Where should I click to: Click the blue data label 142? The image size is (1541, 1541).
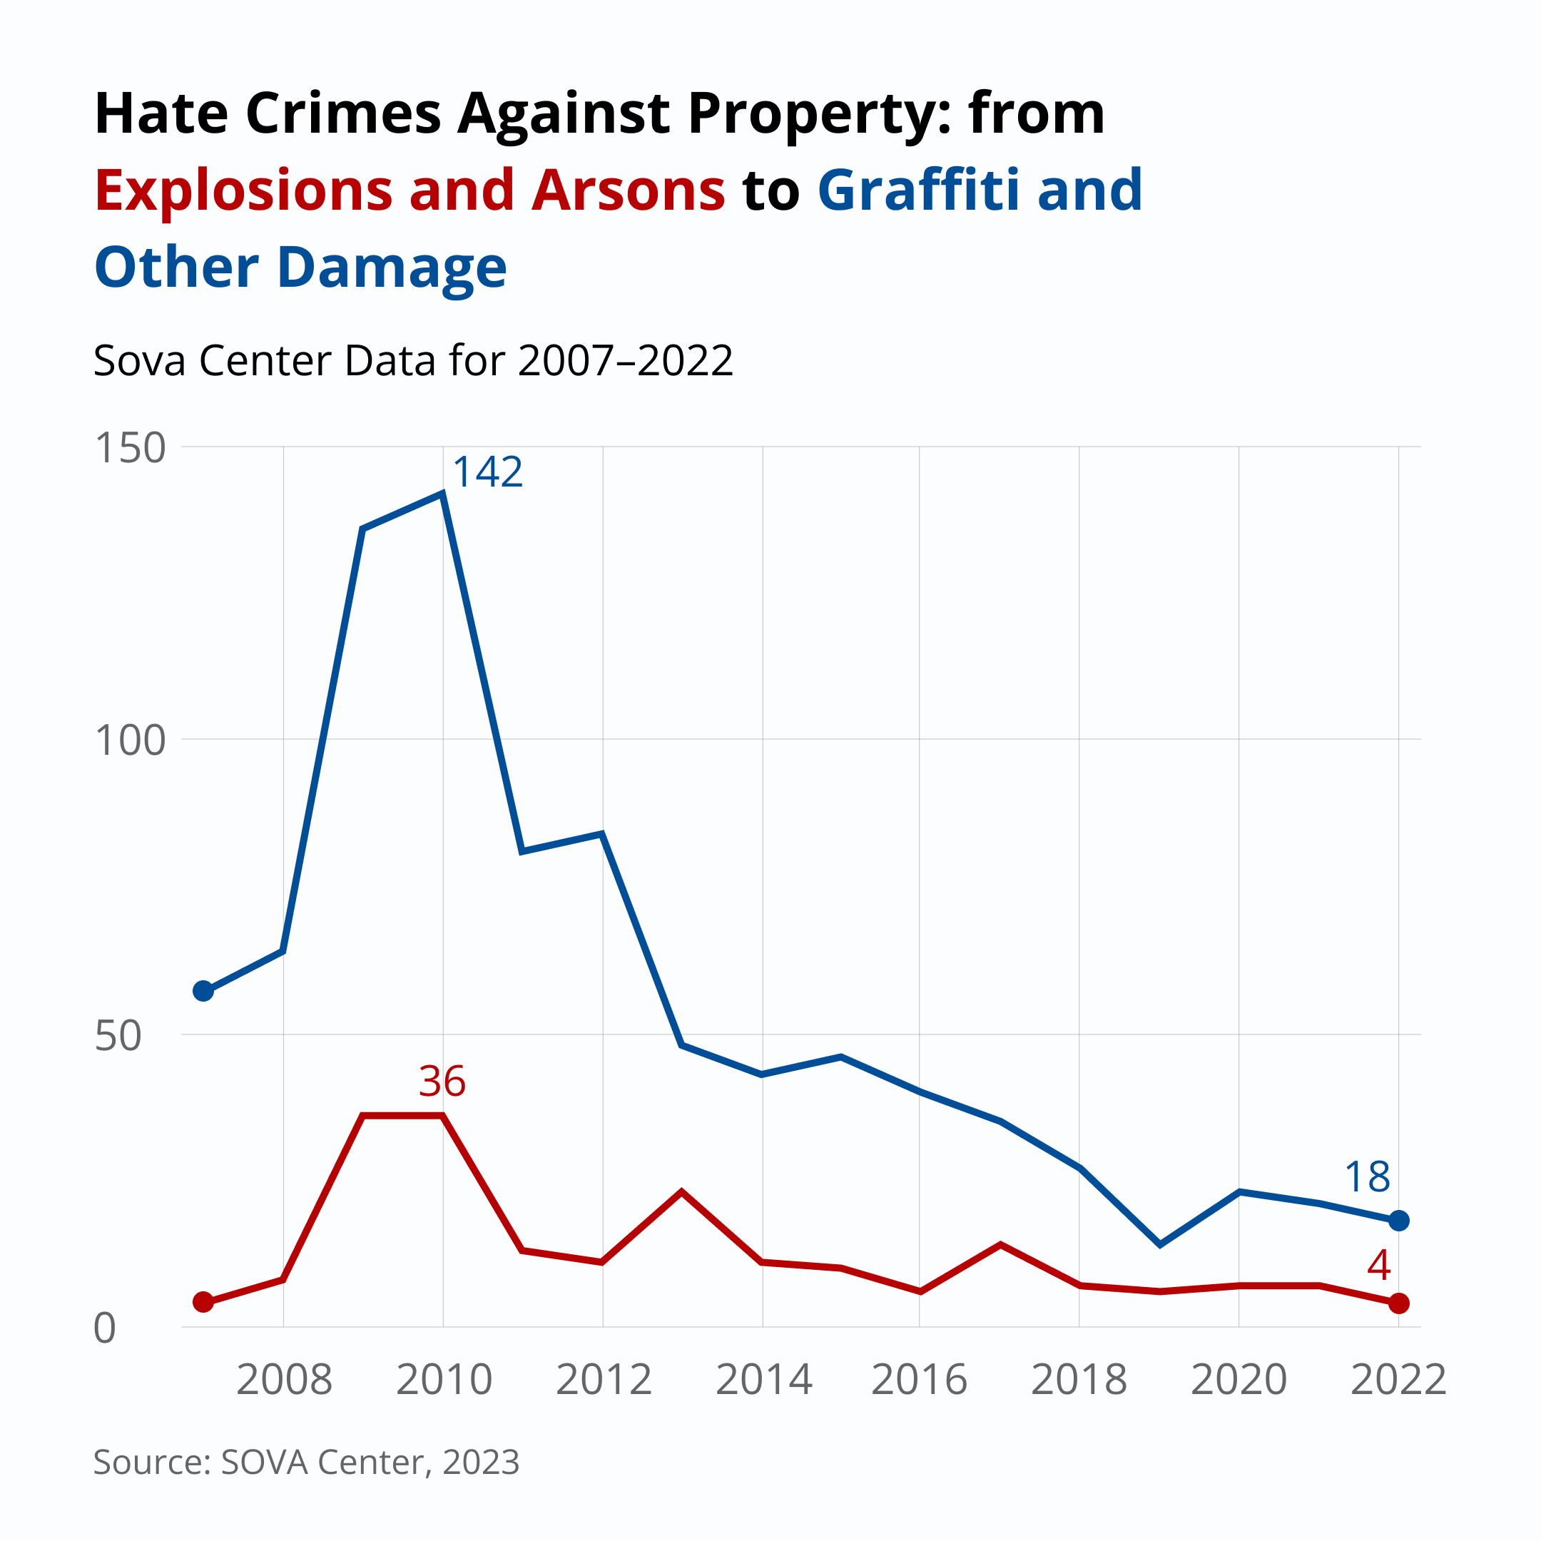coord(487,472)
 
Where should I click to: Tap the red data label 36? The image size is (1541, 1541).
coord(442,1082)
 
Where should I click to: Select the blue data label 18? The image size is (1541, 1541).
coord(1367,1177)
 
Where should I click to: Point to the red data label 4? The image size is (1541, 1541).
coord(1379,1265)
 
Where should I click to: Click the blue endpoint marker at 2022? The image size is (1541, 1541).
coord(1398,1221)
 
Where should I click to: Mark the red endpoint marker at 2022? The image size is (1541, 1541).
coord(1398,1303)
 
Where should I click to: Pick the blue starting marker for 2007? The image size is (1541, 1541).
coord(203,992)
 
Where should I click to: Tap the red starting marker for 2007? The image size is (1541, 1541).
coord(203,1302)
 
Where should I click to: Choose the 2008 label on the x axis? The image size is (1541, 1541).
coord(284,1380)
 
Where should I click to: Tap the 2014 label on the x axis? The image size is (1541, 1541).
coord(763,1380)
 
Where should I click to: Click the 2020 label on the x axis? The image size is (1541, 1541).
coord(1239,1380)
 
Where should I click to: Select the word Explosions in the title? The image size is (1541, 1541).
coord(243,191)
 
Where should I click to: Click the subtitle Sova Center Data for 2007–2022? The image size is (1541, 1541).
coord(413,360)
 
